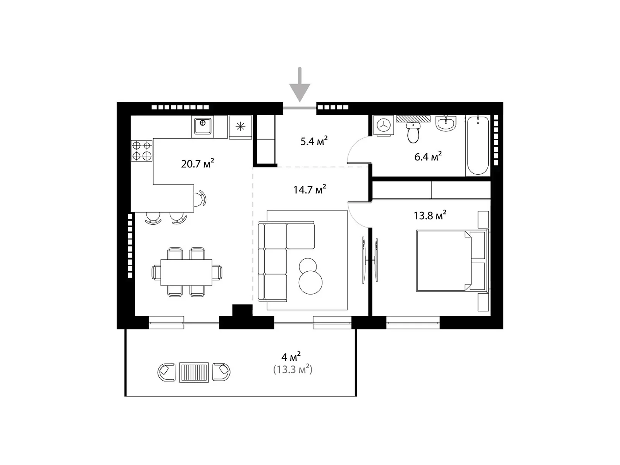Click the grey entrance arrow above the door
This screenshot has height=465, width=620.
pos(300,85)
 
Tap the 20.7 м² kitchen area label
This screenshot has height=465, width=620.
pos(198,164)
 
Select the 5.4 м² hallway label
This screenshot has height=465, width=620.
pos(314,141)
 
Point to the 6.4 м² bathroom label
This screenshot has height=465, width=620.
pos(428,157)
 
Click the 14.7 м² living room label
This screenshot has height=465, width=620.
pos(310,189)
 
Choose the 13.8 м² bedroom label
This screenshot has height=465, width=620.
pos(430,215)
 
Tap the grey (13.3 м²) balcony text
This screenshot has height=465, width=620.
pos(293,369)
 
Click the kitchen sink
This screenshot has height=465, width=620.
pos(202,126)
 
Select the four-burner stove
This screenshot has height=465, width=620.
pos(141,150)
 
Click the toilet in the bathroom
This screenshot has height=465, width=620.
pos(413,133)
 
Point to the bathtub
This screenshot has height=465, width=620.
pos(478,145)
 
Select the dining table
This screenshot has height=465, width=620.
pos(186,272)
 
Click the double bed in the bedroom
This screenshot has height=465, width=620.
pos(453,261)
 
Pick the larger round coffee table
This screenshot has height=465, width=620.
pos(310,282)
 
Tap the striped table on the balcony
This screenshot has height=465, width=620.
pos(194,372)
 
